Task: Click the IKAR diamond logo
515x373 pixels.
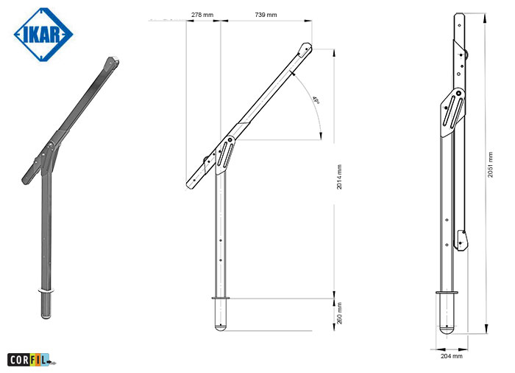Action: [x=43, y=35]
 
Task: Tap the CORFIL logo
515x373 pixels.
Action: [x=32, y=360]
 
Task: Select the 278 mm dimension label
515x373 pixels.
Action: [x=202, y=15]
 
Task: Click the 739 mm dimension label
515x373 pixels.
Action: [x=266, y=15]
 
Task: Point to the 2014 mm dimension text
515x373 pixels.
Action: [x=339, y=177]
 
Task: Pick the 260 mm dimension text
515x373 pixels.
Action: [x=339, y=313]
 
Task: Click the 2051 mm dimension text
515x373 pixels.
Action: [x=491, y=164]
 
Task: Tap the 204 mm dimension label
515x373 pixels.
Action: [x=452, y=356]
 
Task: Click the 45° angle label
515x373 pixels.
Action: [x=316, y=100]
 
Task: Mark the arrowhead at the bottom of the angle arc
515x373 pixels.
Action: [x=321, y=136]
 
